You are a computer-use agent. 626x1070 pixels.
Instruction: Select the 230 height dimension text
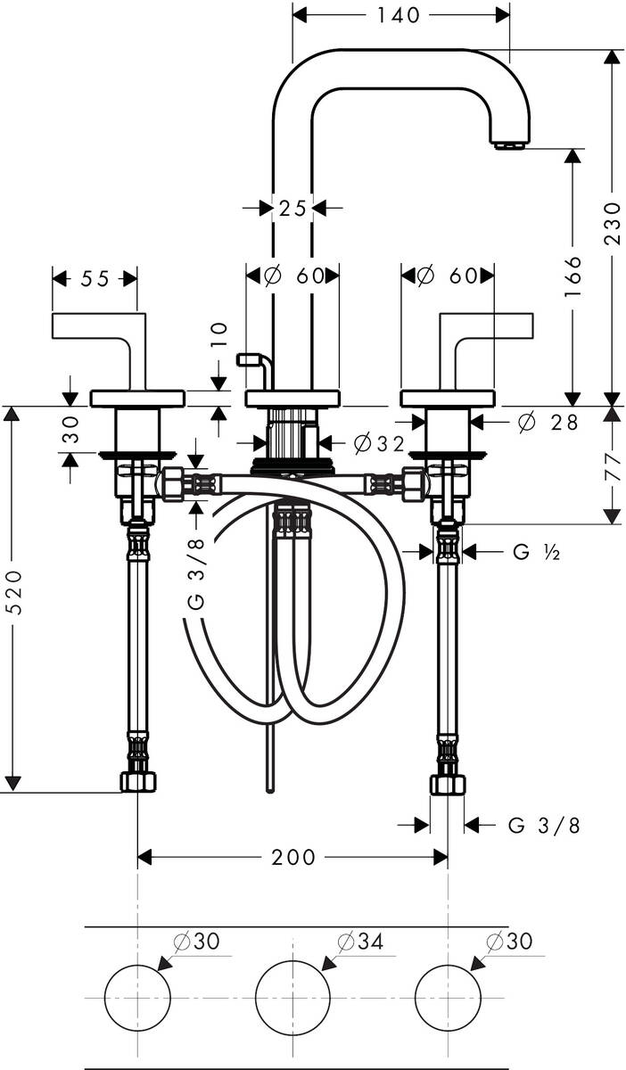click(x=612, y=224)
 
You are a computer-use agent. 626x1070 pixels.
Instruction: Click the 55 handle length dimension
click(x=95, y=279)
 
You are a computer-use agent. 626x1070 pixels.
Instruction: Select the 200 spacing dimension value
click(x=293, y=857)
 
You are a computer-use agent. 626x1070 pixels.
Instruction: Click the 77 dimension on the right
click(x=612, y=465)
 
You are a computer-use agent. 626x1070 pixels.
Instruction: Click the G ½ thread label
click(x=536, y=553)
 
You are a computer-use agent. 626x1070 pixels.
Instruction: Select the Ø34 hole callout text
click(x=360, y=941)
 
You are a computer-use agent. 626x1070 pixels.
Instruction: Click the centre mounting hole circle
click(x=292, y=997)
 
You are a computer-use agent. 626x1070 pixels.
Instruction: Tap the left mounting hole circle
click(x=137, y=997)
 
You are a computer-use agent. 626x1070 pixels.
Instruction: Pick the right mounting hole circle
click(x=448, y=997)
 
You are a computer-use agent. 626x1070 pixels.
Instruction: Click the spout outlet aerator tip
click(x=509, y=144)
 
